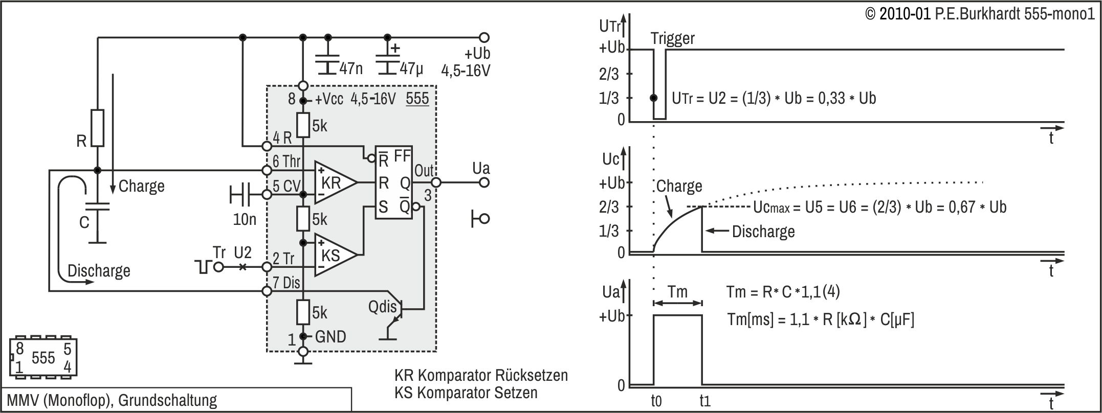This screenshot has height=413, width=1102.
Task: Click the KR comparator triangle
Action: point(333,182)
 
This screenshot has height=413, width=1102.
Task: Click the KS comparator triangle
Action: point(333,255)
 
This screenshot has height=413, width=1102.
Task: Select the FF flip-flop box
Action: point(394,182)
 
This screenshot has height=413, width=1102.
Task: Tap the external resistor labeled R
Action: point(97,128)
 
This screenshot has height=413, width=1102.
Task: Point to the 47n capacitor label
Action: point(351,68)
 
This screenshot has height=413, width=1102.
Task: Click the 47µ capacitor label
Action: point(411,68)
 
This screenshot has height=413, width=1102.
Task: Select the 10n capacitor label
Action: point(245,219)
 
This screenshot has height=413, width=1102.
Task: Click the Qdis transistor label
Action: point(382,307)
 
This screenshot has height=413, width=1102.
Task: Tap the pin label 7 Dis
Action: point(286,283)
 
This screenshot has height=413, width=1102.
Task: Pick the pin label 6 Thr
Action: point(286,162)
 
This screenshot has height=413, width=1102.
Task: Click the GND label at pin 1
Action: point(330,336)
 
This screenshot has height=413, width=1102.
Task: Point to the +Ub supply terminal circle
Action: point(484,37)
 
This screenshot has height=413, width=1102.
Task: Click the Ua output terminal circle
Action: point(484,182)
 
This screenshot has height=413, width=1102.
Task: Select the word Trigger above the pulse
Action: point(673,38)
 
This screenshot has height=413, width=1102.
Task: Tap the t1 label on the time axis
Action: point(705,401)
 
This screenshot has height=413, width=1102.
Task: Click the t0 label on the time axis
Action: point(656,401)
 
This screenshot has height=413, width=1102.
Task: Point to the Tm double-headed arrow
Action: point(678,303)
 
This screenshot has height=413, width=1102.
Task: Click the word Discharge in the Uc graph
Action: point(763,232)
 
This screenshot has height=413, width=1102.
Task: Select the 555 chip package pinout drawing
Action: point(43,357)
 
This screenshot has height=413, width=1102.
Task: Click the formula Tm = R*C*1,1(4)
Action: point(783,292)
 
